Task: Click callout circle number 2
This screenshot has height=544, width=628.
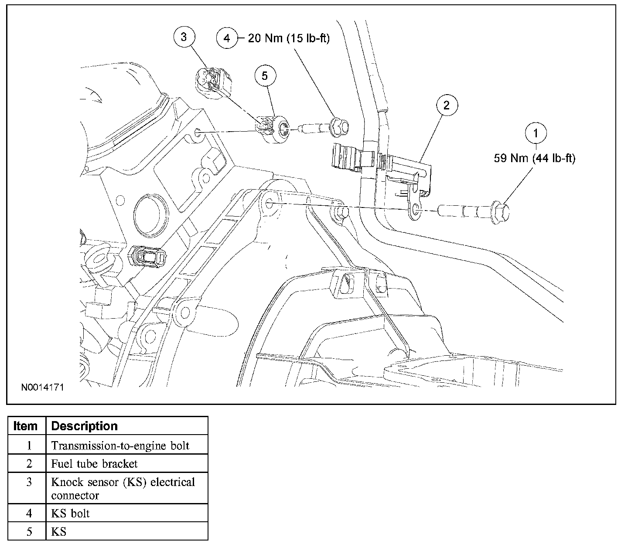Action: click(x=446, y=105)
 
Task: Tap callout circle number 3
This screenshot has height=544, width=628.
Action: click(x=184, y=37)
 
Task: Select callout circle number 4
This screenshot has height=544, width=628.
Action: click(x=227, y=38)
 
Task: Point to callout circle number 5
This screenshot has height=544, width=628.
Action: click(x=265, y=76)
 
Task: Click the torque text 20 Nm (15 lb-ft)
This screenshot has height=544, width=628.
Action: click(x=289, y=38)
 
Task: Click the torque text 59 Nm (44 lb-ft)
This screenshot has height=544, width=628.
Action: click(x=534, y=158)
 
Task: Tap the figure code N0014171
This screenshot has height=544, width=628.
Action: click(x=42, y=387)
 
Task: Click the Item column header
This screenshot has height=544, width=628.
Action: click(x=26, y=426)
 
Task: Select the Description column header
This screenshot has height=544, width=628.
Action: click(x=85, y=426)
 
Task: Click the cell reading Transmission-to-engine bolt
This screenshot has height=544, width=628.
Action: click(x=120, y=445)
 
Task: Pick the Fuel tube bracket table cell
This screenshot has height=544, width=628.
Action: click(x=95, y=464)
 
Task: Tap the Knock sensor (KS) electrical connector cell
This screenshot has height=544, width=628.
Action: click(x=123, y=489)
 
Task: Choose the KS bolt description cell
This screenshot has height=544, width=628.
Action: click(x=71, y=513)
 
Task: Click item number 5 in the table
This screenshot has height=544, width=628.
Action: click(x=29, y=531)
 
